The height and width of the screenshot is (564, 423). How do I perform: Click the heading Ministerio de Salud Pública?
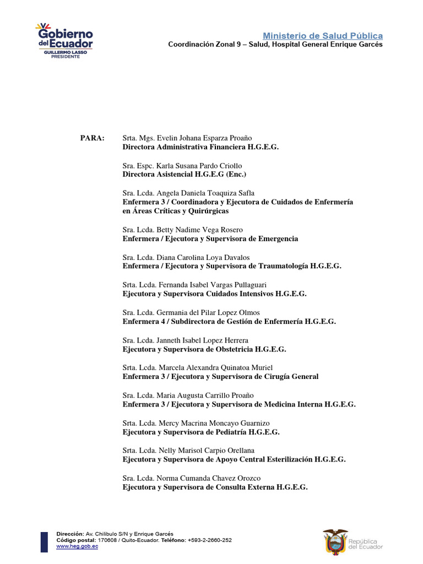(322, 36)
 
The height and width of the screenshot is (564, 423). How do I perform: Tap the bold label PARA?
(92, 138)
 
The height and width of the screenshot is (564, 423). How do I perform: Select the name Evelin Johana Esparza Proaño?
(204, 138)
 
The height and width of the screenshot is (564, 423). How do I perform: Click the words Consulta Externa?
(241, 487)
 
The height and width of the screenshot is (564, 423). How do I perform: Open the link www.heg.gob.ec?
(77, 546)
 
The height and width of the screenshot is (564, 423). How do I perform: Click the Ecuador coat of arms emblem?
(335, 540)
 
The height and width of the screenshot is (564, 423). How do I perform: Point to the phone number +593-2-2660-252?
(209, 540)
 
